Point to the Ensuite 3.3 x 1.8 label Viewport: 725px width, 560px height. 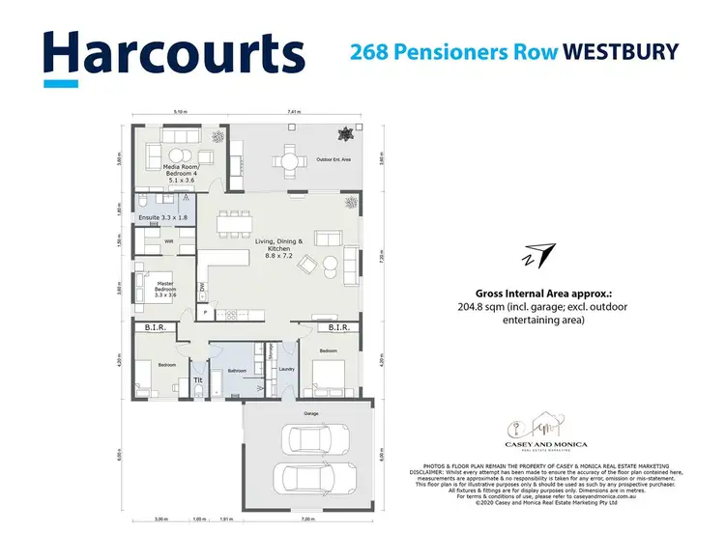[162, 218]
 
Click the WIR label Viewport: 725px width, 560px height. [168, 241]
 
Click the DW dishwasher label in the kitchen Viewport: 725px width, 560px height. [202, 287]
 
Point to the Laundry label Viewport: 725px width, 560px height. [286, 368]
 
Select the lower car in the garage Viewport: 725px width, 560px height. [303, 480]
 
